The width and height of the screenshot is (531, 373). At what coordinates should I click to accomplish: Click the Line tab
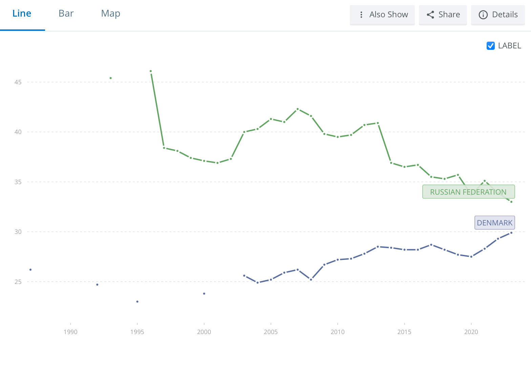tap(22, 14)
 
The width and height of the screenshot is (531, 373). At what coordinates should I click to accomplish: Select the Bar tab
tap(66, 14)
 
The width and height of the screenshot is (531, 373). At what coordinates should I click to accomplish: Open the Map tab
tap(111, 14)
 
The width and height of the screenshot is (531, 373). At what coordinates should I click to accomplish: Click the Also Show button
tap(382, 15)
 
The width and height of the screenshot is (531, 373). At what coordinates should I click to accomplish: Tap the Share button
tap(443, 15)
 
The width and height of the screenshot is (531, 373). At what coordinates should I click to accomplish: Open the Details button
tap(498, 15)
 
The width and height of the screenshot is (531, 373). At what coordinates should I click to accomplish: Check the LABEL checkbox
tap(491, 46)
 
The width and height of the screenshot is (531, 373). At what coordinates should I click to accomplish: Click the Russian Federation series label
tap(468, 192)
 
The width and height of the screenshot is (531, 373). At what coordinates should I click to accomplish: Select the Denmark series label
tap(494, 223)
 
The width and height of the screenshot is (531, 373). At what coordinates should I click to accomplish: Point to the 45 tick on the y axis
tap(18, 82)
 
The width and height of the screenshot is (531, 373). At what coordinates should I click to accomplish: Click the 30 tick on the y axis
tap(18, 232)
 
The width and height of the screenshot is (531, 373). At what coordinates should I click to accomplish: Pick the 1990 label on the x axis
tap(70, 332)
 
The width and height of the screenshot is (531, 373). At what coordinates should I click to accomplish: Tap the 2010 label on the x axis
tap(338, 332)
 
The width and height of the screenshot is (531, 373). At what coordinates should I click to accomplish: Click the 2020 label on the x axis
tap(471, 332)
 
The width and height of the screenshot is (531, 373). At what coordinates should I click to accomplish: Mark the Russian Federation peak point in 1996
tap(151, 71)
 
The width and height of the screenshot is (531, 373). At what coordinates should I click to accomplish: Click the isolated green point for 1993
tap(111, 78)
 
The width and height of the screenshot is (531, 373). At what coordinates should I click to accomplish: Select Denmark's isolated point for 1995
tap(137, 302)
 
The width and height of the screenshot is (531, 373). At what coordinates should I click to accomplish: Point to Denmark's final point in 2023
tap(511, 233)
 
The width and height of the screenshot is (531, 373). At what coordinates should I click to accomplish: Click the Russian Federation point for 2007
tap(298, 109)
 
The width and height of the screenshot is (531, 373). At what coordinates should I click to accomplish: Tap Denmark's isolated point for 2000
tap(204, 294)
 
